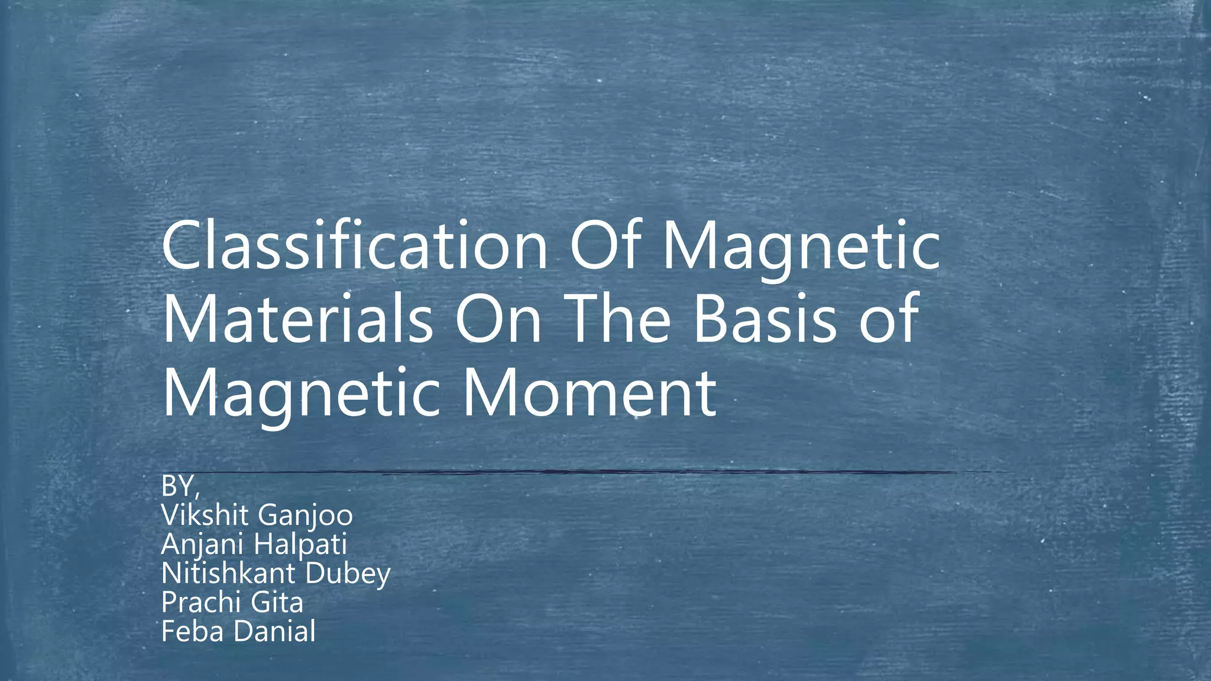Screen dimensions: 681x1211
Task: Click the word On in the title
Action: pyautogui.click(x=498, y=319)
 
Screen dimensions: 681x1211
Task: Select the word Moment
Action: pyautogui.click(x=589, y=393)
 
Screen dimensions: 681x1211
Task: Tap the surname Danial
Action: pyautogui.click(x=274, y=631)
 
